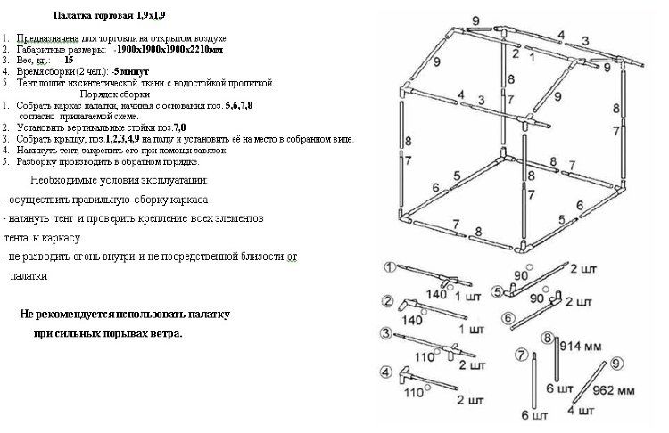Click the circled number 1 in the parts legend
(x=389, y=267)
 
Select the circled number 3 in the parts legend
(x=386, y=333)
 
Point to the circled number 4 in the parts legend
(x=386, y=372)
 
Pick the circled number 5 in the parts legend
(x=497, y=292)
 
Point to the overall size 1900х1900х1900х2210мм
(x=169, y=50)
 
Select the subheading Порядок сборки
(x=115, y=94)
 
